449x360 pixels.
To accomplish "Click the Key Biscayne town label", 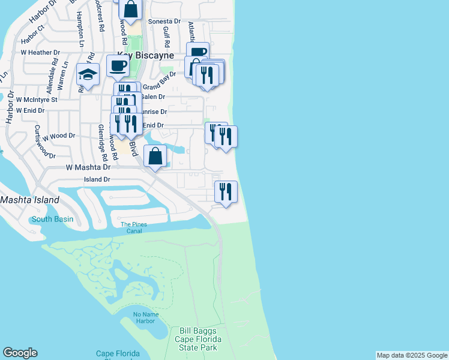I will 142,55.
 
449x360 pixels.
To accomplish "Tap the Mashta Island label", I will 30,200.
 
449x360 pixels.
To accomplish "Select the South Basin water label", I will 52,219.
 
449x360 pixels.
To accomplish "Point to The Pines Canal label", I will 133,228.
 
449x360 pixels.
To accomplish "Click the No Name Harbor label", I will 145,317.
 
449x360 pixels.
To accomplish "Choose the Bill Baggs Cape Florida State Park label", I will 197,339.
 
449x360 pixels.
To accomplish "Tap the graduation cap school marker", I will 88,75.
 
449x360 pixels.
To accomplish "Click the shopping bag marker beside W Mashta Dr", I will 155,156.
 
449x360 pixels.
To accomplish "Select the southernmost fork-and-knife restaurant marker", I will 226,192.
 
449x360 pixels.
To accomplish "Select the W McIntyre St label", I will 37,100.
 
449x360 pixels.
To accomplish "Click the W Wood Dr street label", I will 58,136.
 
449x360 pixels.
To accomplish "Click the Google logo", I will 20,353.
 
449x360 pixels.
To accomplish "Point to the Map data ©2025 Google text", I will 412,355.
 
